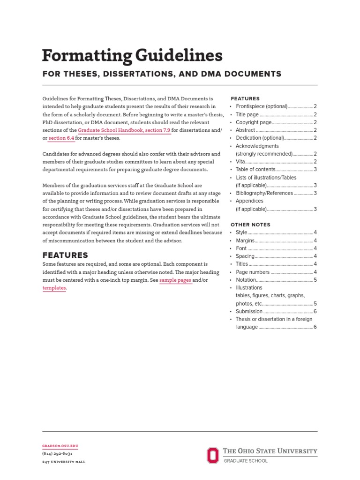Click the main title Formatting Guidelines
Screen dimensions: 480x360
[132, 56]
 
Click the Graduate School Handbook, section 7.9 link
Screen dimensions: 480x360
[124, 130]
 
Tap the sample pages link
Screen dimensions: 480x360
[176, 280]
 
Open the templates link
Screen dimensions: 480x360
[54, 288]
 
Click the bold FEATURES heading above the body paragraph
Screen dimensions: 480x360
[65, 255]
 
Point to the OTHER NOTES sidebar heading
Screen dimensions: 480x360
[250, 225]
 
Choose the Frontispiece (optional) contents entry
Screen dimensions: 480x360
[261, 106]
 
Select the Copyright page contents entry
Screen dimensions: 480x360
[253, 122]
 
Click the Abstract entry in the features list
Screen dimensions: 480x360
[245, 130]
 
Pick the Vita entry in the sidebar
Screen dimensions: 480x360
[240, 162]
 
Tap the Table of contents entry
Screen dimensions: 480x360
[255, 170]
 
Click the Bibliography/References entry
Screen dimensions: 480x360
[264, 193]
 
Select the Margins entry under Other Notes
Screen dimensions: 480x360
[245, 240]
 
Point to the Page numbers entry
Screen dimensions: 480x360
[253, 272]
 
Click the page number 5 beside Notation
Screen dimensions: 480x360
[315, 280]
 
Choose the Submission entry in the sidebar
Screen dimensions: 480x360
[249, 311]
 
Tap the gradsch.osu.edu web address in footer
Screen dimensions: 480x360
[60, 446]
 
